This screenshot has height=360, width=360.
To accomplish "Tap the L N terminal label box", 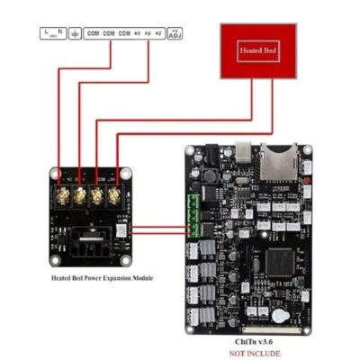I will coord(53,33).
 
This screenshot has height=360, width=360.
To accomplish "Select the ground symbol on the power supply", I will coord(74,33).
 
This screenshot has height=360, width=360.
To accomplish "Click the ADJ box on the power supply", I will coord(175,33).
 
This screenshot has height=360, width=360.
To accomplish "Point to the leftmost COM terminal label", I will coord(93,33).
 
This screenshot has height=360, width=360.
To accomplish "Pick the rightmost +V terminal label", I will coord(158,33).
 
